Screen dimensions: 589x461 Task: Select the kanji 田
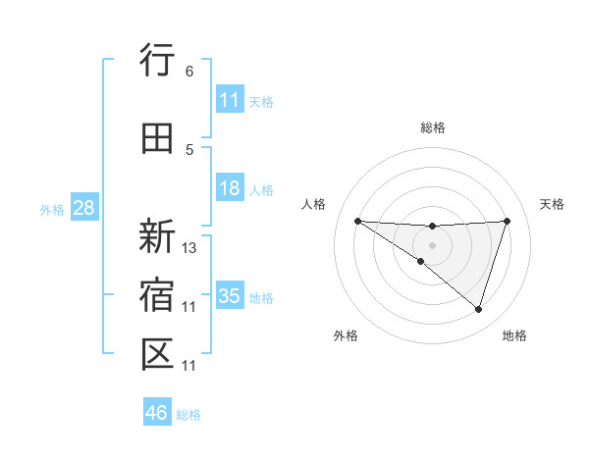tap(158, 138)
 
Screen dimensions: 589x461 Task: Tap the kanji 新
tap(158, 236)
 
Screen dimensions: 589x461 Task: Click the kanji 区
tap(158, 354)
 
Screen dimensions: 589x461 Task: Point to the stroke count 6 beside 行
tap(188, 72)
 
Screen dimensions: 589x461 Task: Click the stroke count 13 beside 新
tap(189, 248)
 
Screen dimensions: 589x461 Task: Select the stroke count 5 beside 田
tap(188, 150)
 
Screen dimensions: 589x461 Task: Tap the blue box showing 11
tap(230, 100)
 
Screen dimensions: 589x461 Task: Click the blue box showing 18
tap(230, 188)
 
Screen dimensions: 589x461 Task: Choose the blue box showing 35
tap(230, 296)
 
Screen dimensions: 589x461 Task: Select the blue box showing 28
tap(83, 208)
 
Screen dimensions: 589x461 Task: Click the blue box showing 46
tap(157, 413)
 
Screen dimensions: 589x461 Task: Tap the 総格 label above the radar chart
tap(432, 128)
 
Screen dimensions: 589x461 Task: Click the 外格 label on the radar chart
tap(345, 335)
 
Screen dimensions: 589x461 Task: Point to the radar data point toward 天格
tap(507, 221)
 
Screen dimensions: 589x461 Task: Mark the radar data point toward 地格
tap(478, 309)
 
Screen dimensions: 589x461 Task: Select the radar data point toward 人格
tap(357, 221)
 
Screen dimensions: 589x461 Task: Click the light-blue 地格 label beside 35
tap(261, 297)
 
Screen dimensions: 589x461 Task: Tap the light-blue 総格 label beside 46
tap(188, 414)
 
